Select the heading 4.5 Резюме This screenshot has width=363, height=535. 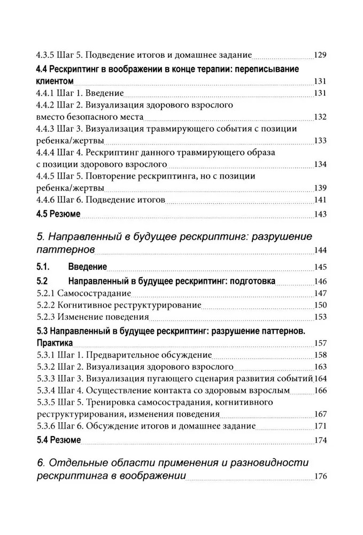coord(58,214)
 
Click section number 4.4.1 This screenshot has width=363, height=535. coord(47,93)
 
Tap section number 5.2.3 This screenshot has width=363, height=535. coord(47,317)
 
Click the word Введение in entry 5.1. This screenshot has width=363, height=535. coord(88,266)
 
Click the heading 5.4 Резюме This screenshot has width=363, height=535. coord(58,440)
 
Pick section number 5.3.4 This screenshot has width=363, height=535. coord(47,391)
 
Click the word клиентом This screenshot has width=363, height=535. coord(55,81)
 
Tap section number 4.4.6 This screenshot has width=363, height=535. coord(47,200)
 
